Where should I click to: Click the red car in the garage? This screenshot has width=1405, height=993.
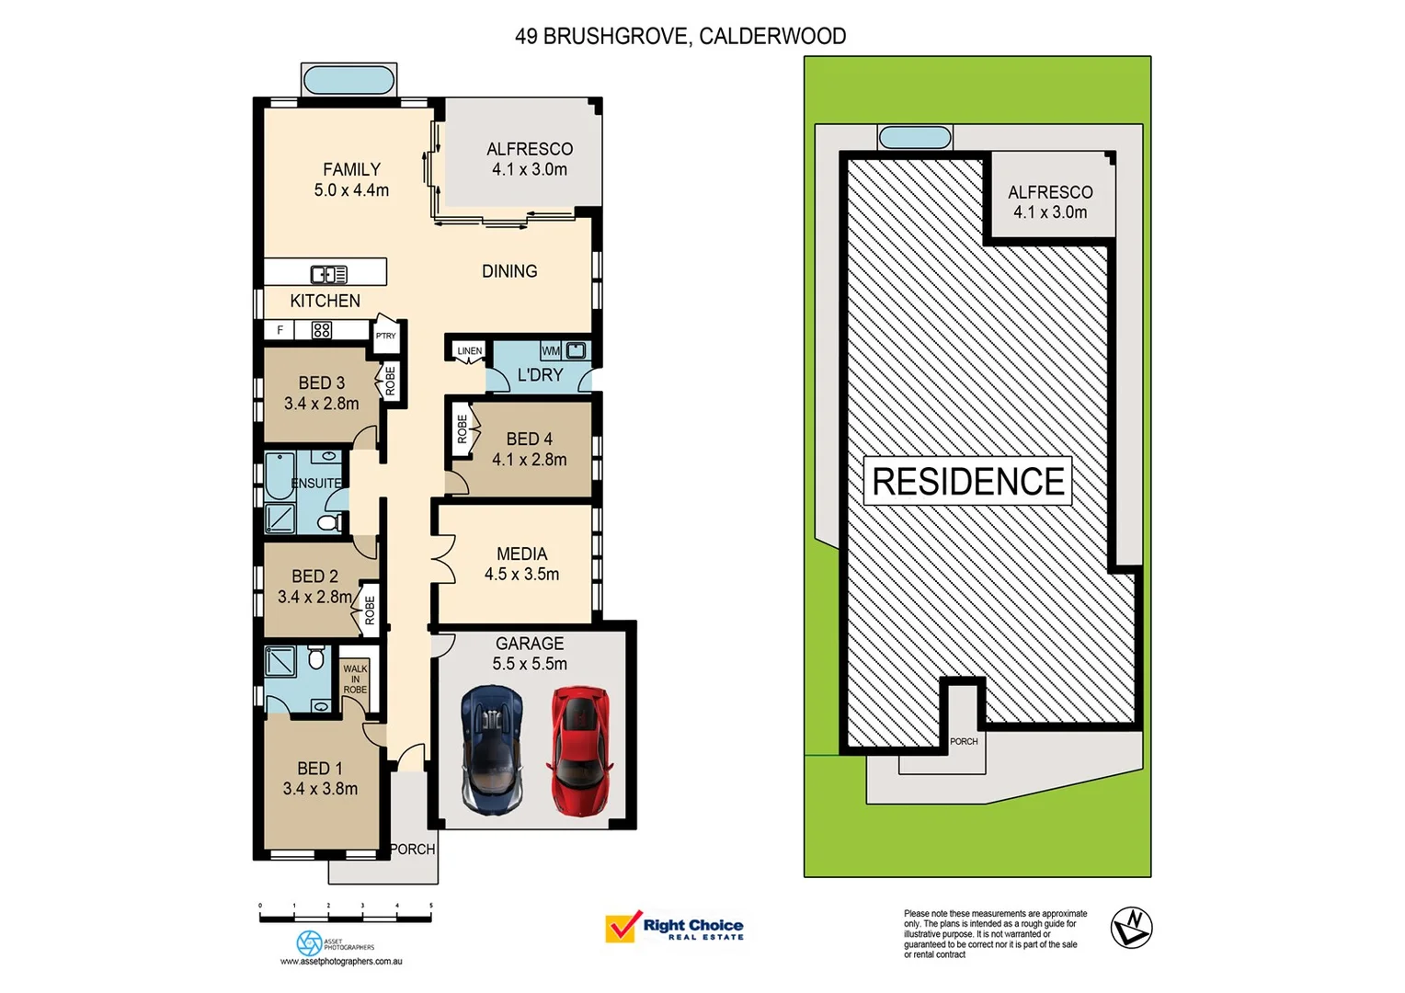579,749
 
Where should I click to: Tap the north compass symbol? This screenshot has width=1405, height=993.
1130,927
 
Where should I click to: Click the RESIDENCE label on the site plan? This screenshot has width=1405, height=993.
967,481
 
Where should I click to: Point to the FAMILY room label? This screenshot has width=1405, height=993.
351,170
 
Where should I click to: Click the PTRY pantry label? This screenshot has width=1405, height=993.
386,336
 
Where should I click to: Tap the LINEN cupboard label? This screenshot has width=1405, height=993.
469,350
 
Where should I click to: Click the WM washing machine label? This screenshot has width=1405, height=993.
550,350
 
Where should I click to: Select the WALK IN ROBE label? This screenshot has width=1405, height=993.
355,679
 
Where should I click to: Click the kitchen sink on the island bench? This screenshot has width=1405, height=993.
328,273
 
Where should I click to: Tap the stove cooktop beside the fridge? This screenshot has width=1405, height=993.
321,330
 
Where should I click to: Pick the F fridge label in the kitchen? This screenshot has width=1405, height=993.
280,330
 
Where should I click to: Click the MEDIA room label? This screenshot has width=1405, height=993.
521,554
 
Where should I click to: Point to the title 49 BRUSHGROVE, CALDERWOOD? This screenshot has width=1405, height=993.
680,36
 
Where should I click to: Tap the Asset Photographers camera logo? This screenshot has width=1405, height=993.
310,942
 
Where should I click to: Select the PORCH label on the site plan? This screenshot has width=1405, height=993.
964,741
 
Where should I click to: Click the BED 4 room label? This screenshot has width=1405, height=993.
529,439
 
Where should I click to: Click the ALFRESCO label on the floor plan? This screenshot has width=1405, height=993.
530,149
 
